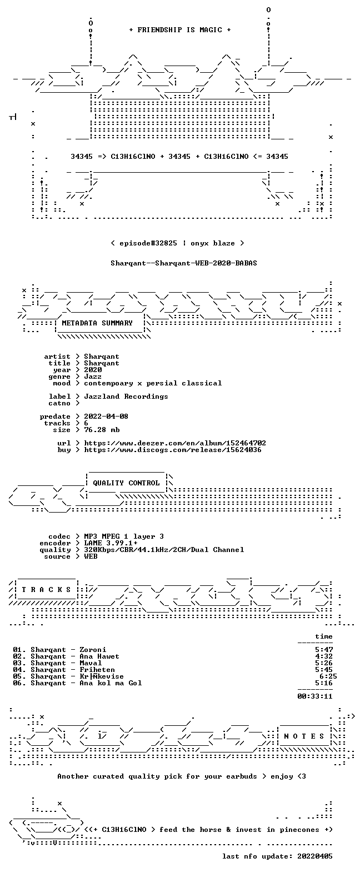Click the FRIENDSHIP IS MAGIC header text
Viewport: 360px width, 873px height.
[180, 30]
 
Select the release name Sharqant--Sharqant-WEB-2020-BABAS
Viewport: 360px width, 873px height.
[184, 263]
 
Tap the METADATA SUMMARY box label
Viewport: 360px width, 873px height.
[97, 323]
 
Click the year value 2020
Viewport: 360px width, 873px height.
[93, 370]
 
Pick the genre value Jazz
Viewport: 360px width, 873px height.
[93, 377]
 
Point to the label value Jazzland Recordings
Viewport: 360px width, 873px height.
[126, 397]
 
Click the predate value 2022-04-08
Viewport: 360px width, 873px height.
[106, 417]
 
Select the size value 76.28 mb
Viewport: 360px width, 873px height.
[102, 430]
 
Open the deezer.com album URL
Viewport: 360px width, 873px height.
[175, 443]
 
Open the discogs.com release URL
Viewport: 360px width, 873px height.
[173, 450]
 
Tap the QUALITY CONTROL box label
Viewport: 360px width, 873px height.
[126, 483]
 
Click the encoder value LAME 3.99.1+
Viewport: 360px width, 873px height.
[111, 543]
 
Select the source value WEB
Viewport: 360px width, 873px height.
[91, 556]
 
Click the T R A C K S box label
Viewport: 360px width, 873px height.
[46, 590]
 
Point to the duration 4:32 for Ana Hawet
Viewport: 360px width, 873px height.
[324, 656]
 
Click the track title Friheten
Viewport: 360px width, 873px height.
[97, 670]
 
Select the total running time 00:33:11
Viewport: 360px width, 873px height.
[315, 696]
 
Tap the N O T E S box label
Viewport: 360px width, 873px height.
[304, 736]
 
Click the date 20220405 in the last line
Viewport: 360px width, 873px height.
[315, 856]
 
